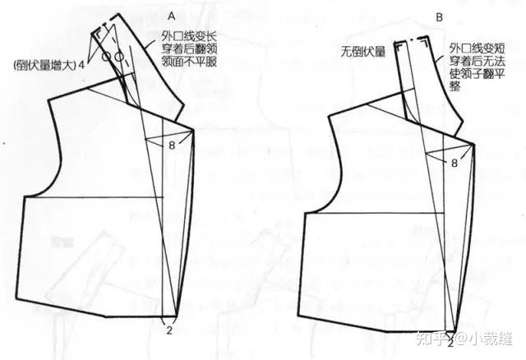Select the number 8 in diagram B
[453, 164]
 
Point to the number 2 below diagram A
[168, 330]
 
